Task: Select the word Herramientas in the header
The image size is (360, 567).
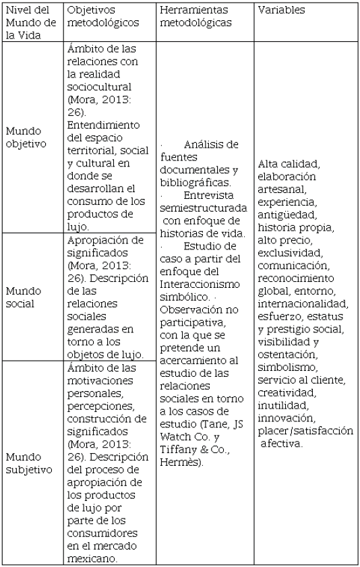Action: point(191,11)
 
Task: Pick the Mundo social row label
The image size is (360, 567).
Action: point(22,297)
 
